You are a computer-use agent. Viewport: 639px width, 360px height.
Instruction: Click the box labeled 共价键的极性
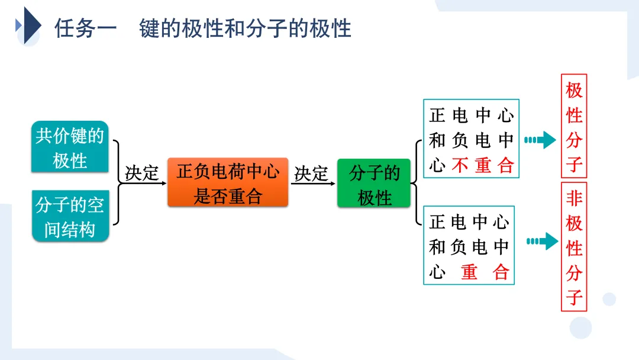click(x=70, y=147)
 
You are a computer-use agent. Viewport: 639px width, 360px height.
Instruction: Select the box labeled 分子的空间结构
click(x=70, y=217)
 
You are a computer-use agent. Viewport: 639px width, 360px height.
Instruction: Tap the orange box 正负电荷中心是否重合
click(x=228, y=182)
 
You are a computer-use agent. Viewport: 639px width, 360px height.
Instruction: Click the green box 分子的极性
click(x=374, y=185)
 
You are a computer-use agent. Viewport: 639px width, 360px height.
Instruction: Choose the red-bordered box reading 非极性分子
click(x=574, y=247)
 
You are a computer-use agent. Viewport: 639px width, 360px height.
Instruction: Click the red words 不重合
click(x=483, y=165)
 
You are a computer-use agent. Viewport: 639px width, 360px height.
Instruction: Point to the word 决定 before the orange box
click(x=142, y=173)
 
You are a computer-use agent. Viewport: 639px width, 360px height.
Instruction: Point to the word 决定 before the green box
click(x=311, y=173)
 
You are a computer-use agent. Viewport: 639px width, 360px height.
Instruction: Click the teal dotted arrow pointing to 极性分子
click(x=540, y=140)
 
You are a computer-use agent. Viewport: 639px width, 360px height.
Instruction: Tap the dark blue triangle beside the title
click(x=31, y=26)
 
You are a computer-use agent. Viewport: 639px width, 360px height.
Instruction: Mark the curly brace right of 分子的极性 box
click(x=415, y=184)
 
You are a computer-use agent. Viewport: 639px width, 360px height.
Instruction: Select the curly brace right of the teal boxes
click(x=117, y=183)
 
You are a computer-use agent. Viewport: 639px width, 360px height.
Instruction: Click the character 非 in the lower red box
click(x=574, y=198)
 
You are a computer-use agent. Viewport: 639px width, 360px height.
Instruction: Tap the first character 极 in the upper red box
click(x=574, y=91)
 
